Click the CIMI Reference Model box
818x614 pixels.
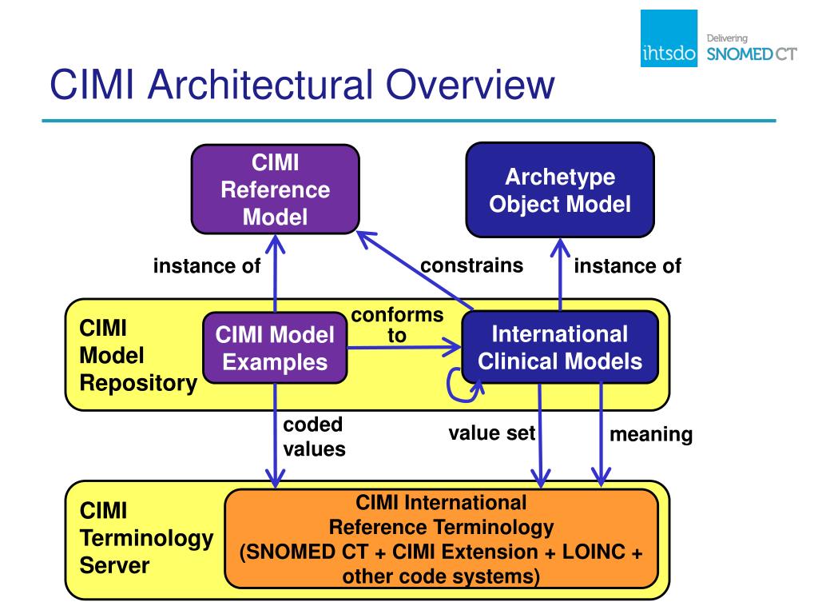[x=276, y=189]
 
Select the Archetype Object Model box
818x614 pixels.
[x=560, y=190]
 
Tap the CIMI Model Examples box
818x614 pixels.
[x=275, y=349]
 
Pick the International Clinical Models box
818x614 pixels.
[x=560, y=347]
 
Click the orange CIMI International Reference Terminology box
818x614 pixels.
[x=441, y=539]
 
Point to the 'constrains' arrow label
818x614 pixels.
[x=471, y=265]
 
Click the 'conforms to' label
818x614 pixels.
[x=398, y=325]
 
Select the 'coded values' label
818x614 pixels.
[x=314, y=437]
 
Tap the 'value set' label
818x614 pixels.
[x=491, y=433]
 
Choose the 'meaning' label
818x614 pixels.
[x=651, y=434]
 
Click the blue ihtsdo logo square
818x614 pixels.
[x=669, y=38]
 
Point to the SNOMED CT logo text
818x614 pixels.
[x=752, y=54]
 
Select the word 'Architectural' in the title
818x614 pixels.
[x=260, y=84]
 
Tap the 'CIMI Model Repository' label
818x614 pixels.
[x=138, y=356]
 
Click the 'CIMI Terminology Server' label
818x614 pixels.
[x=147, y=538]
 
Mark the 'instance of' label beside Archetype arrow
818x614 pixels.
[x=628, y=265]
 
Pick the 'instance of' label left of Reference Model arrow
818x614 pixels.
[x=207, y=265]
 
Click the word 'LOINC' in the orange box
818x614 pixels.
[x=594, y=552]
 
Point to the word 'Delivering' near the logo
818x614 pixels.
[x=727, y=38]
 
